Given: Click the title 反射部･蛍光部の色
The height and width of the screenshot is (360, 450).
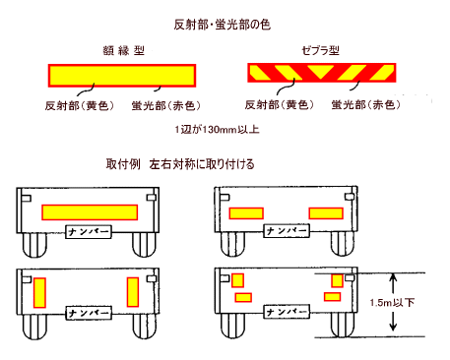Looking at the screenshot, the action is pos(223,25).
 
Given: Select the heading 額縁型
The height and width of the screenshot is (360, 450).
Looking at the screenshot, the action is pos(124,50).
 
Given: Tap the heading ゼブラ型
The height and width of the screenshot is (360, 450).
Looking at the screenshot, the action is pos(320,50).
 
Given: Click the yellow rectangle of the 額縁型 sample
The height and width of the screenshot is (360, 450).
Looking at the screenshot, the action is pos(122,76).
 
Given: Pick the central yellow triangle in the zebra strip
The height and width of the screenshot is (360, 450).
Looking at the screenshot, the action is pos(321,71).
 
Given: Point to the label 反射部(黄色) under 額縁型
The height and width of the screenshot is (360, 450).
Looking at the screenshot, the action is pos(80,105).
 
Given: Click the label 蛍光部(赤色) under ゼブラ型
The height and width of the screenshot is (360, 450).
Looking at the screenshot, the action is pos(366,105).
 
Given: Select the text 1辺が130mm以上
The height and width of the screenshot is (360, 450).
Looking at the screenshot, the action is pos(218,129).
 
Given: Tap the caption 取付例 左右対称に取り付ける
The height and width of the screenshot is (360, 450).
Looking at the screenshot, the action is pos(180,164).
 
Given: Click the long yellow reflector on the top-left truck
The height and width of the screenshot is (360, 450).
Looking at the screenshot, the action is pos(90,212).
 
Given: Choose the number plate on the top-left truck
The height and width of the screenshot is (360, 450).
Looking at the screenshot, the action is pos(89,231).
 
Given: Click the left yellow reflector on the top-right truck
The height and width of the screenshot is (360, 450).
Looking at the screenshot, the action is pos(246,213).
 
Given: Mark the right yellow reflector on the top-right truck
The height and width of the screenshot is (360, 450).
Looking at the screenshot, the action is pos(326,213).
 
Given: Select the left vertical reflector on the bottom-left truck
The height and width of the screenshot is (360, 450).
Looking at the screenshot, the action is pos(39,292).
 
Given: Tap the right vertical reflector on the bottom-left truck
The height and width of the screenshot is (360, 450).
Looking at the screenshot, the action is pos(133,292).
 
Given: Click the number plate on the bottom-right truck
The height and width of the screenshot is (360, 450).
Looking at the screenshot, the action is pos(287,312).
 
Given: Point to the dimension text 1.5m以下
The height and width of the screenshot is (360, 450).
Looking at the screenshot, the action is pos(392,302).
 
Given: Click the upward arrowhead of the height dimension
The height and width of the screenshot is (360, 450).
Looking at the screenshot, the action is pos(393,279).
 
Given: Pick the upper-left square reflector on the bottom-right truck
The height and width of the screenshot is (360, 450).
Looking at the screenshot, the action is pos(237,280).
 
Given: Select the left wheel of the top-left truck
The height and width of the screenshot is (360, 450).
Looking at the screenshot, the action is pos(34,245).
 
